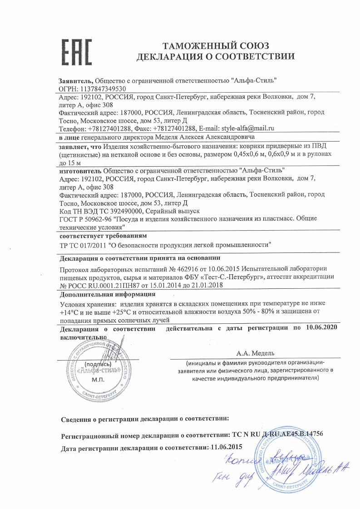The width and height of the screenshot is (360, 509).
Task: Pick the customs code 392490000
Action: pos(126,211)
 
